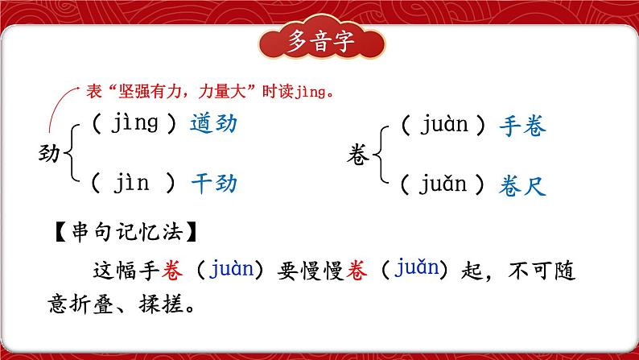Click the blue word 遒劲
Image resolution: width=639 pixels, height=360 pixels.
pyautogui.click(x=214, y=124)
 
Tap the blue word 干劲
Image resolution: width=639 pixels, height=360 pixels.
pyautogui.click(x=214, y=183)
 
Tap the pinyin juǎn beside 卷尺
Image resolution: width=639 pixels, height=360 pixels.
pyautogui.click(x=443, y=186)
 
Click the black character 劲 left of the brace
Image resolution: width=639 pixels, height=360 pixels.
pyautogui.click(x=50, y=153)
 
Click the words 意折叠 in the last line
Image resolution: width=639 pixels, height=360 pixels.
pyautogui.click(x=88, y=306)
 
